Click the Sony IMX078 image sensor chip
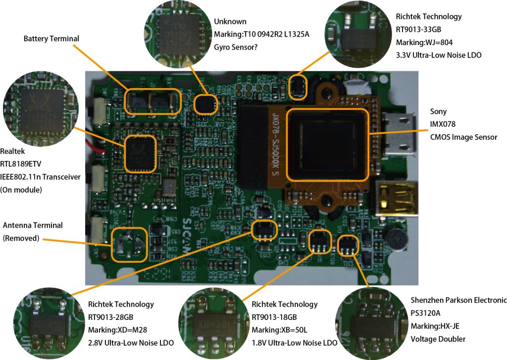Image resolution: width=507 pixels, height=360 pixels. tap(328, 144)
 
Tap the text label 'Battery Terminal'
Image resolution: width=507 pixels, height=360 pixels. tap(51, 39)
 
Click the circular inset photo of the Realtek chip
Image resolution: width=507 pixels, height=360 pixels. tap(41, 104)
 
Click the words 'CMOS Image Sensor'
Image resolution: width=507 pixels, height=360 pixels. tap(463, 137)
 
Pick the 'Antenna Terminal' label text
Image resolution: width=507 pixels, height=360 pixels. tap(33, 225)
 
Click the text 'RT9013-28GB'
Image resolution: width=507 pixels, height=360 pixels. tap(112, 317)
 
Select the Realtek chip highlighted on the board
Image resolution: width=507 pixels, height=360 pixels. tap(140, 154)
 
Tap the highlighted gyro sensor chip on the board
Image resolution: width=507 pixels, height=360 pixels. tap(205, 104)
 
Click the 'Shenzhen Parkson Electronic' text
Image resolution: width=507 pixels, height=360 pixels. tap(458, 300)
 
